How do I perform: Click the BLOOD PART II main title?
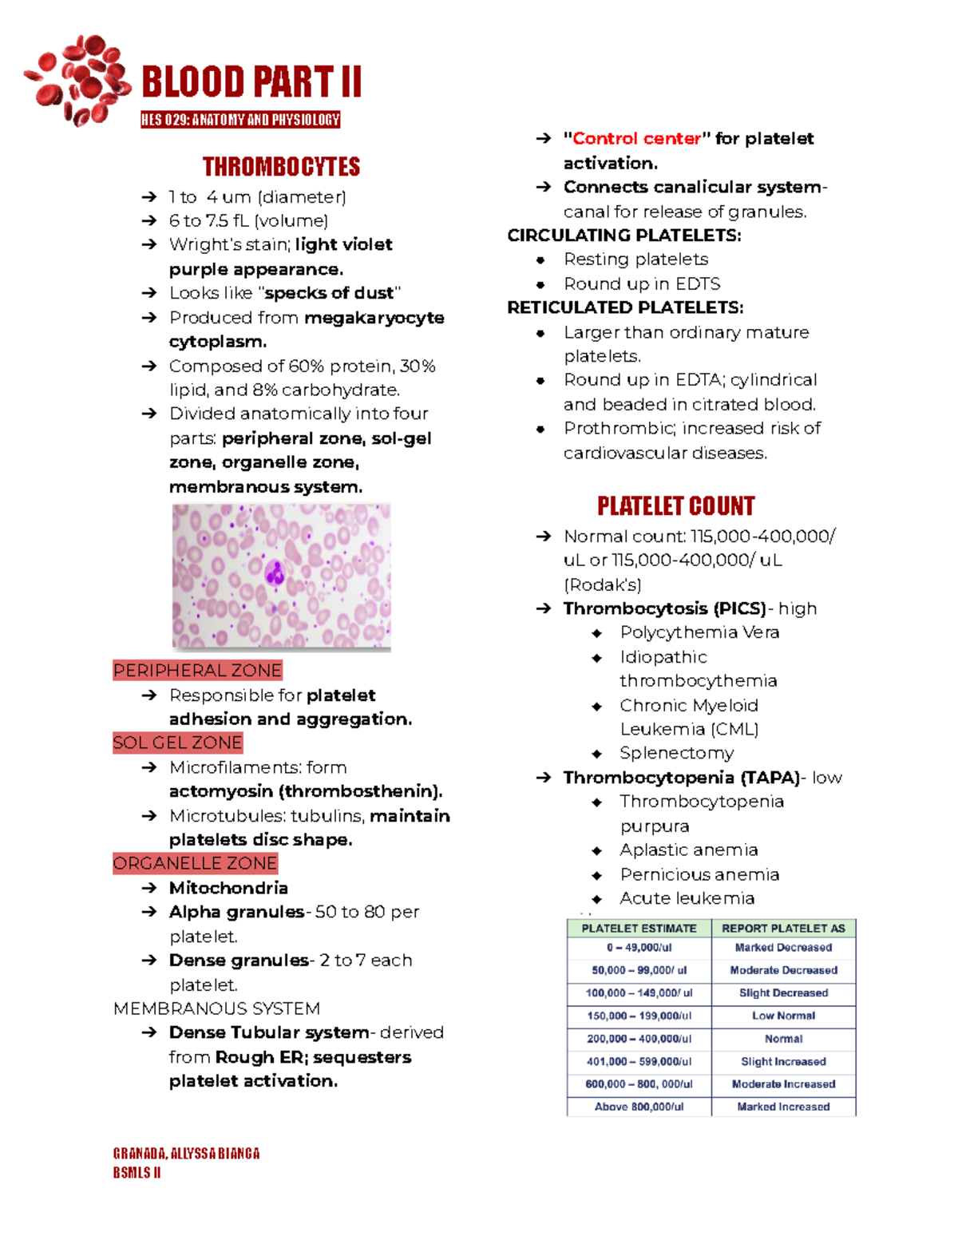[251, 82]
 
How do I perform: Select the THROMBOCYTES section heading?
[281, 167]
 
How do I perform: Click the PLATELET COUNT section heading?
[675, 506]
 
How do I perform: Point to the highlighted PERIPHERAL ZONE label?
[197, 671]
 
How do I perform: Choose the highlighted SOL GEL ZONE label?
[177, 743]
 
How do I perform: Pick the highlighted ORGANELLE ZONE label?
[195, 863]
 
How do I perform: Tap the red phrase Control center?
[636, 139]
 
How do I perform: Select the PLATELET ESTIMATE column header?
[639, 929]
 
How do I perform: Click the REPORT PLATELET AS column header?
[783, 929]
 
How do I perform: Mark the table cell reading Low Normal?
[783, 1016]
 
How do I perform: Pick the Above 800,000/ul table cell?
[639, 1107]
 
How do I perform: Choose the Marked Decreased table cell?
[783, 948]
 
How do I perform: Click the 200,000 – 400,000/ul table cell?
[639, 1039]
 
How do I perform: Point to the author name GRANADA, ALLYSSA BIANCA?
[186, 1154]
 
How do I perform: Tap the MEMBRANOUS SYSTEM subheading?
[216, 1008]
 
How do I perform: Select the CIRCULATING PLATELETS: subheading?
[624, 236]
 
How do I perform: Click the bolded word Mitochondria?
[228, 888]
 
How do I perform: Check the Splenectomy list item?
[676, 753]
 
